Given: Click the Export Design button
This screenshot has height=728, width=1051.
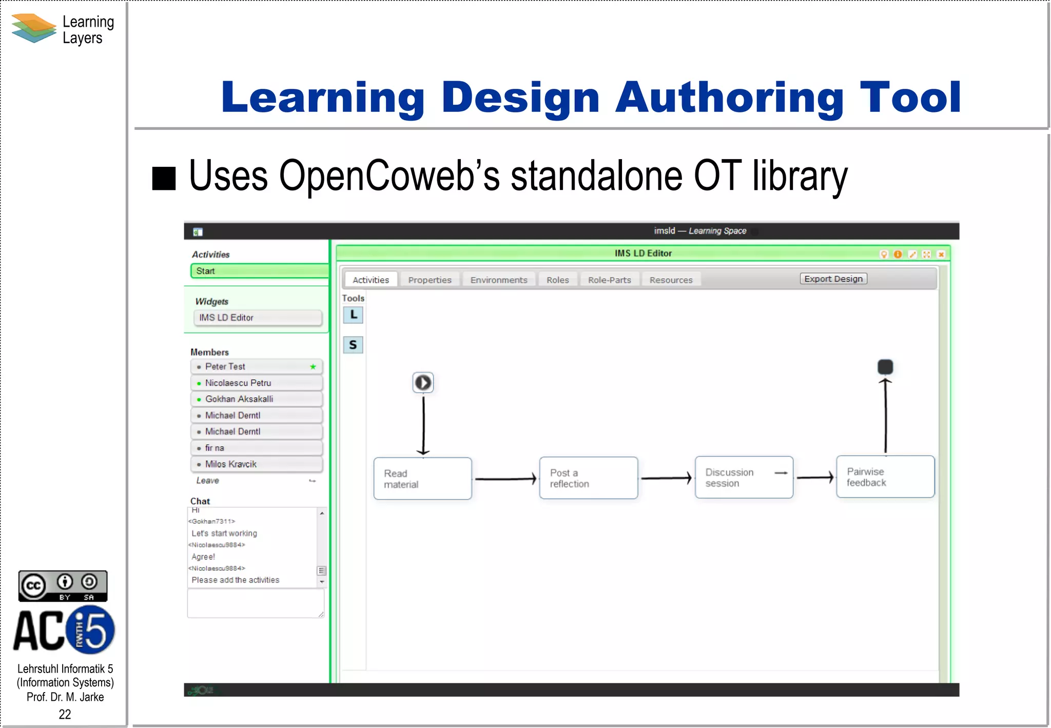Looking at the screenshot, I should [x=833, y=279].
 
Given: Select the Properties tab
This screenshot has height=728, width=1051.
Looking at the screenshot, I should [x=430, y=280].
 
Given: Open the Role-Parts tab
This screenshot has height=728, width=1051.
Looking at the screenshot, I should [x=609, y=280].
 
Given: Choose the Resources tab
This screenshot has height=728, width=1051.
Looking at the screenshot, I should [x=671, y=280].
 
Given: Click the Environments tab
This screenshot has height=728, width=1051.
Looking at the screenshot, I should [x=498, y=280].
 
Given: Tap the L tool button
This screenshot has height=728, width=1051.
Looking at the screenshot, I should [x=353, y=315].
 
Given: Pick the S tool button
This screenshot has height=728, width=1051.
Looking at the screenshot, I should [x=353, y=344].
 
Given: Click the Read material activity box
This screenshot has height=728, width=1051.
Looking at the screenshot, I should [x=422, y=478].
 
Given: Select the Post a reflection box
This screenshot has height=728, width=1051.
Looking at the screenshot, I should [x=588, y=478].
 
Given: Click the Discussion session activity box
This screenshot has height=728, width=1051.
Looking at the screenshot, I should [x=744, y=477].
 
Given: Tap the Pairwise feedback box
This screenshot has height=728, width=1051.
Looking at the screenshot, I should [x=885, y=477].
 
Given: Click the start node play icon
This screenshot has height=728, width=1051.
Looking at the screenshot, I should [x=423, y=382].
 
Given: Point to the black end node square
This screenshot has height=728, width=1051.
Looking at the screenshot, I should [x=885, y=367].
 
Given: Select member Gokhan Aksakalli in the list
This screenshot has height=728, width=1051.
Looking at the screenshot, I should [x=239, y=399].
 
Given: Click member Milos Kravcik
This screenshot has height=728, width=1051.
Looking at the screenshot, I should [x=230, y=464].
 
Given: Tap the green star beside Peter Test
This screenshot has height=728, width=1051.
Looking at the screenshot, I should [x=313, y=367].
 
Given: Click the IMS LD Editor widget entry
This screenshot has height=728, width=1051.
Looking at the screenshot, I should [x=257, y=318].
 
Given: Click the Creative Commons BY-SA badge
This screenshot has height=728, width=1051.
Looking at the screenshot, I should [x=63, y=586].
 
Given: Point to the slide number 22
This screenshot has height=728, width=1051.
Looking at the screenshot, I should [x=65, y=714].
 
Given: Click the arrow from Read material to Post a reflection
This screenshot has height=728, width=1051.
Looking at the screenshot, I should [x=505, y=479].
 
